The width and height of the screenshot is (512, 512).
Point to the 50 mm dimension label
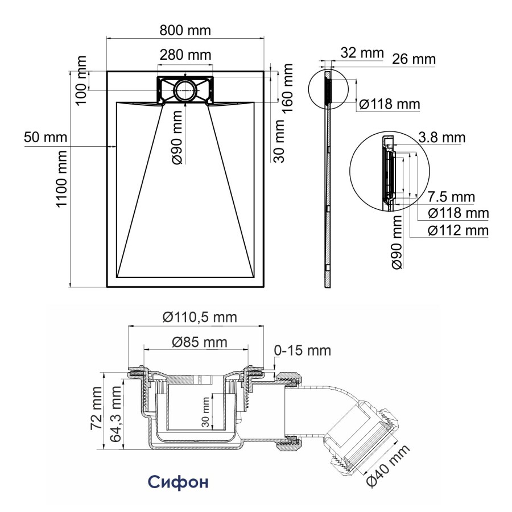pos(46,137)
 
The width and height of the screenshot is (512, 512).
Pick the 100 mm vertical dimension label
pos(82,80)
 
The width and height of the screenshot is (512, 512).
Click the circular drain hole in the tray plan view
pos(185,90)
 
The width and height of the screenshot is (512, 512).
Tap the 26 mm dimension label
pos(414,60)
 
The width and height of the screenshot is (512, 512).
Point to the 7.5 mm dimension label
pos(451,197)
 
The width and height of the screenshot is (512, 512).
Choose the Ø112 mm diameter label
pos(459,230)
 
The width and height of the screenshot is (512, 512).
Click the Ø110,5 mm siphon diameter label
pos(199,317)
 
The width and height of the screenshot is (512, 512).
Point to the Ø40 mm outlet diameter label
pos(387,466)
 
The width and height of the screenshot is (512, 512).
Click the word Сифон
pos(178,482)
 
